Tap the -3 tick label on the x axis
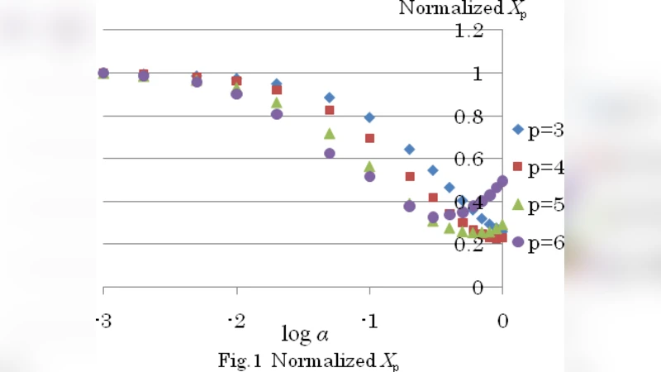point(103,321)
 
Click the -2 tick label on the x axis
point(236,321)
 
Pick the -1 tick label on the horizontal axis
point(369,321)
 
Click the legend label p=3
point(545,130)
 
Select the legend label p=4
point(545,168)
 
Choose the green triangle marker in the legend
point(518,204)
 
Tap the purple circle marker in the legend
point(518,242)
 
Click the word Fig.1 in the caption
point(240,360)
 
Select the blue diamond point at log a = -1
point(369,117)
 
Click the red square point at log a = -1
point(369,138)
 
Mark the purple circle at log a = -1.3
point(330,153)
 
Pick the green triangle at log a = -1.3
point(330,133)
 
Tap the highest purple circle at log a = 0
point(502,181)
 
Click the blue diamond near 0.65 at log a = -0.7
point(409,149)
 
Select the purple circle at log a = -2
point(236,93)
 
